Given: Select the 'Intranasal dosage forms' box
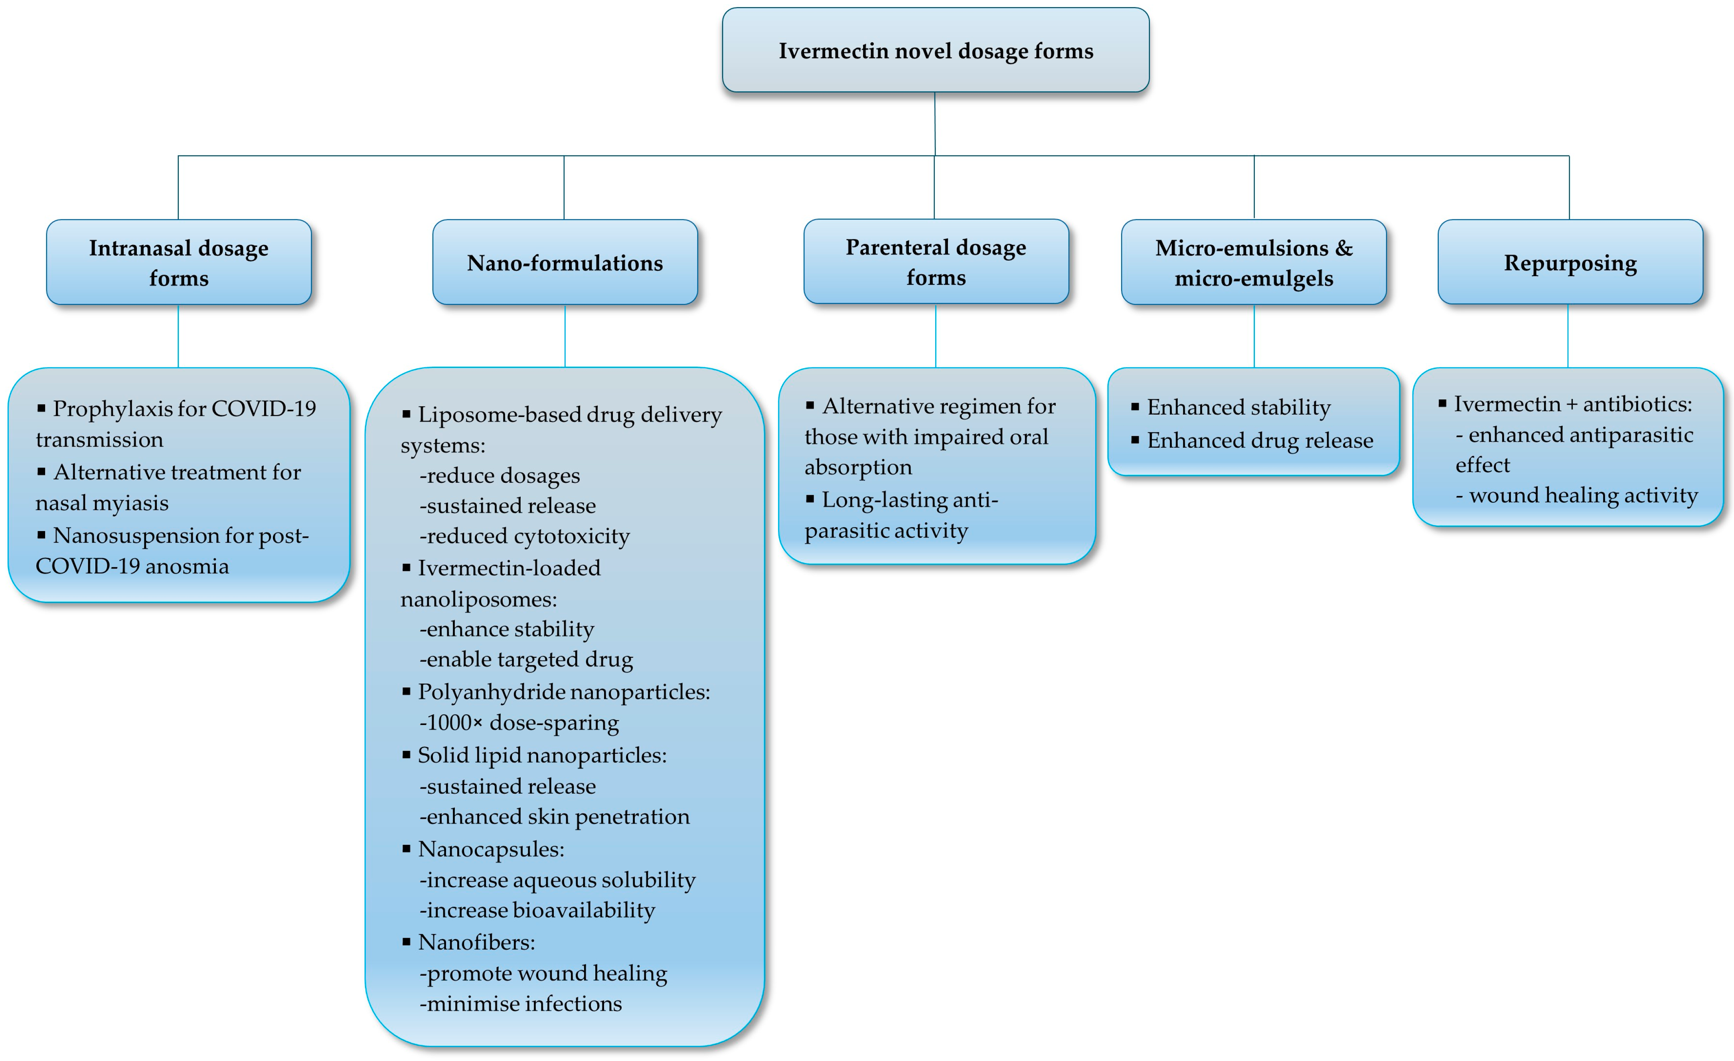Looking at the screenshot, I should coord(179,263).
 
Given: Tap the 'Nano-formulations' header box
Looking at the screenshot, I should coord(565,263).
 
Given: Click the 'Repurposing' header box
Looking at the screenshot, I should coord(1570,263).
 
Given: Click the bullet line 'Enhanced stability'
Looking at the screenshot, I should coord(1238,407).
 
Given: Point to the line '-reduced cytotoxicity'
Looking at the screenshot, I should coord(524,536).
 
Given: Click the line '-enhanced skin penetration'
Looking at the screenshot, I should coord(555,817).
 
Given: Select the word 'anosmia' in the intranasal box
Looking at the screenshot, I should coord(186,566).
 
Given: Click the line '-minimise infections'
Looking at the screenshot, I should coord(521,1004).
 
